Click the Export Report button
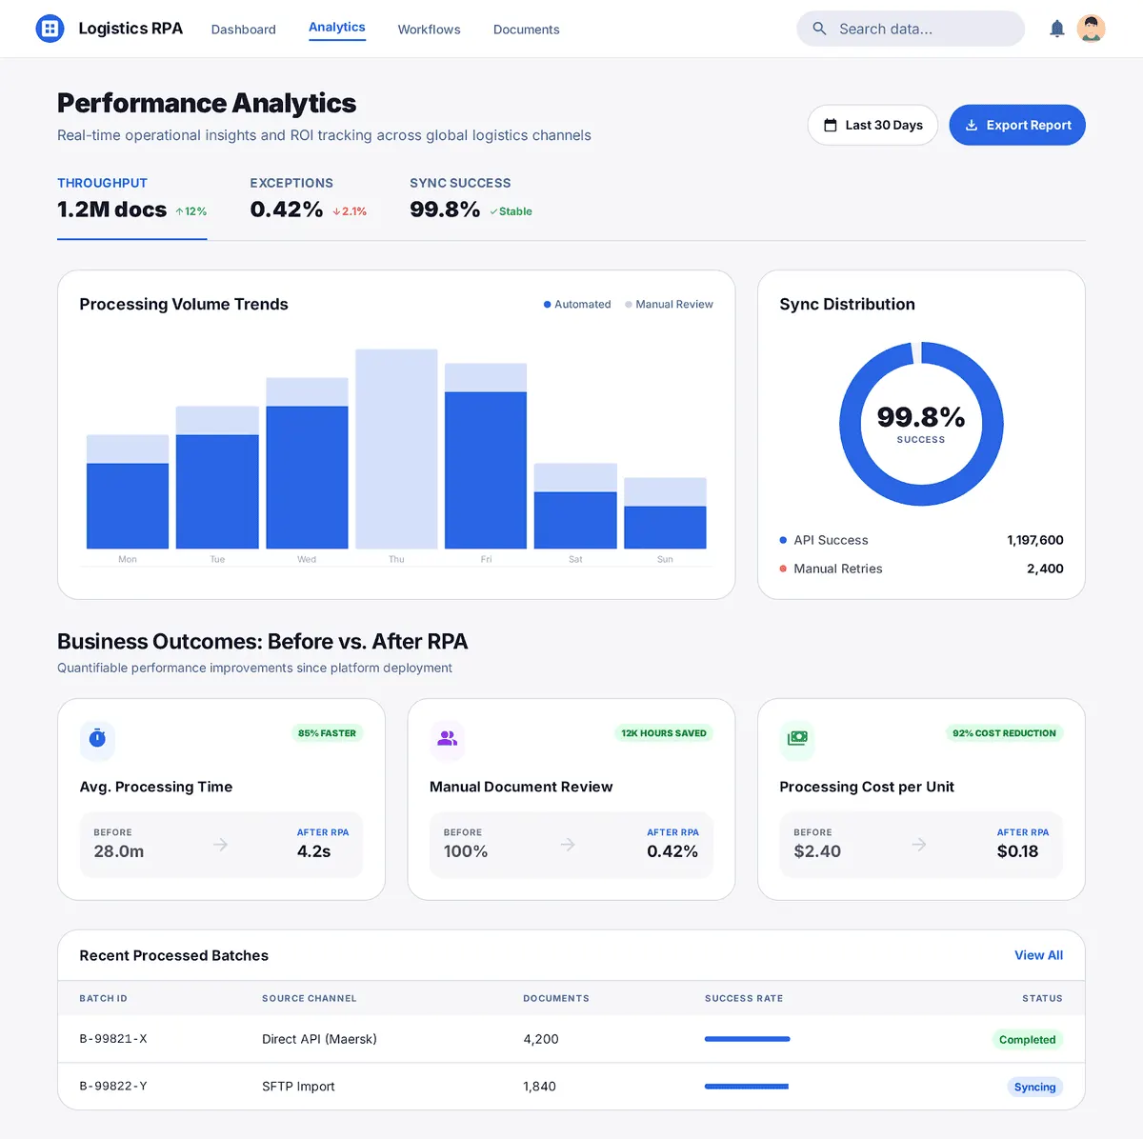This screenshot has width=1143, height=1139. pos(1017,125)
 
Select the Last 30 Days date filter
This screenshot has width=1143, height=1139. pos(872,125)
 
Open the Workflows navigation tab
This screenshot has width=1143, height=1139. pos(429,30)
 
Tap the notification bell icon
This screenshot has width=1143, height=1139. pos(1056,29)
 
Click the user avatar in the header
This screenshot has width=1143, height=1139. pos(1091,29)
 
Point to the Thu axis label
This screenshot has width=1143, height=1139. pos(396,559)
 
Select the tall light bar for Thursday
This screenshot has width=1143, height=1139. pos(396,449)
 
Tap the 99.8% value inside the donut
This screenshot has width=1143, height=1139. pos(920,417)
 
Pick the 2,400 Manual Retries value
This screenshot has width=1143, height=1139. pos(1045,569)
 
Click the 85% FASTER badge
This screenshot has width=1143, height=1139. pos(327,733)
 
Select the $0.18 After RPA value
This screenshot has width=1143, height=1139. pos(1017,851)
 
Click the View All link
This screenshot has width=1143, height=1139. pos(1038,955)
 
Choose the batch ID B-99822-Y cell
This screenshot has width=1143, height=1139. pos(113,1086)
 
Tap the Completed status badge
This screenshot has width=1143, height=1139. pos(1027,1040)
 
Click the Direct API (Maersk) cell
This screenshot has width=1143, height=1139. pos(319,1039)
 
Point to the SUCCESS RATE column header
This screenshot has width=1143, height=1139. pos(743,998)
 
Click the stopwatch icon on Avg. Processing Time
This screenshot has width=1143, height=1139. pos(97,738)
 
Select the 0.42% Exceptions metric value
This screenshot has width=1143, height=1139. pos(286,210)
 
